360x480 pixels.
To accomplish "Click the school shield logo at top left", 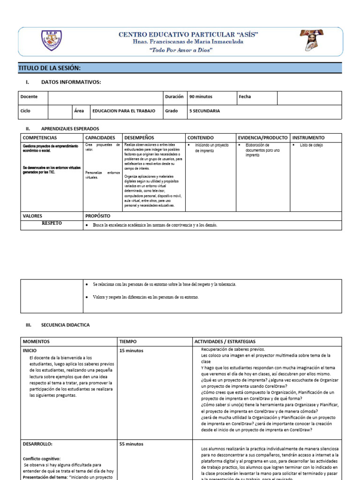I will [51, 41].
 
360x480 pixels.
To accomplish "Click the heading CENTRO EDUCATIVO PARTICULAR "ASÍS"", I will [188, 34].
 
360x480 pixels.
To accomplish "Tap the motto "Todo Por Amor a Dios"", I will [181, 50].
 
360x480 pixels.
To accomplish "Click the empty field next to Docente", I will [105, 97].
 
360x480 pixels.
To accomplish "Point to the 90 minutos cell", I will [201, 97].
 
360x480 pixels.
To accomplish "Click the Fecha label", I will [245, 97].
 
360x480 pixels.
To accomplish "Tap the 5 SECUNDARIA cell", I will [204, 111].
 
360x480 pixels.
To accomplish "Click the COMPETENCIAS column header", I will [40, 138].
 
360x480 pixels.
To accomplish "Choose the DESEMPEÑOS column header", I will [139, 138].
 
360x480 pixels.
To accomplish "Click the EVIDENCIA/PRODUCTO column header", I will [262, 138].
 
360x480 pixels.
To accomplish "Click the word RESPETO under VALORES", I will [52, 224].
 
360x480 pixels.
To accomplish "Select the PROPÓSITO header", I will [97, 216].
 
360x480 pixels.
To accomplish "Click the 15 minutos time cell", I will [131, 351].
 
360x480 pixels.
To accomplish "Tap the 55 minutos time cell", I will [131, 444].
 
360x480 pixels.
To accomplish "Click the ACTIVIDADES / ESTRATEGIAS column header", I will [225, 342].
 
